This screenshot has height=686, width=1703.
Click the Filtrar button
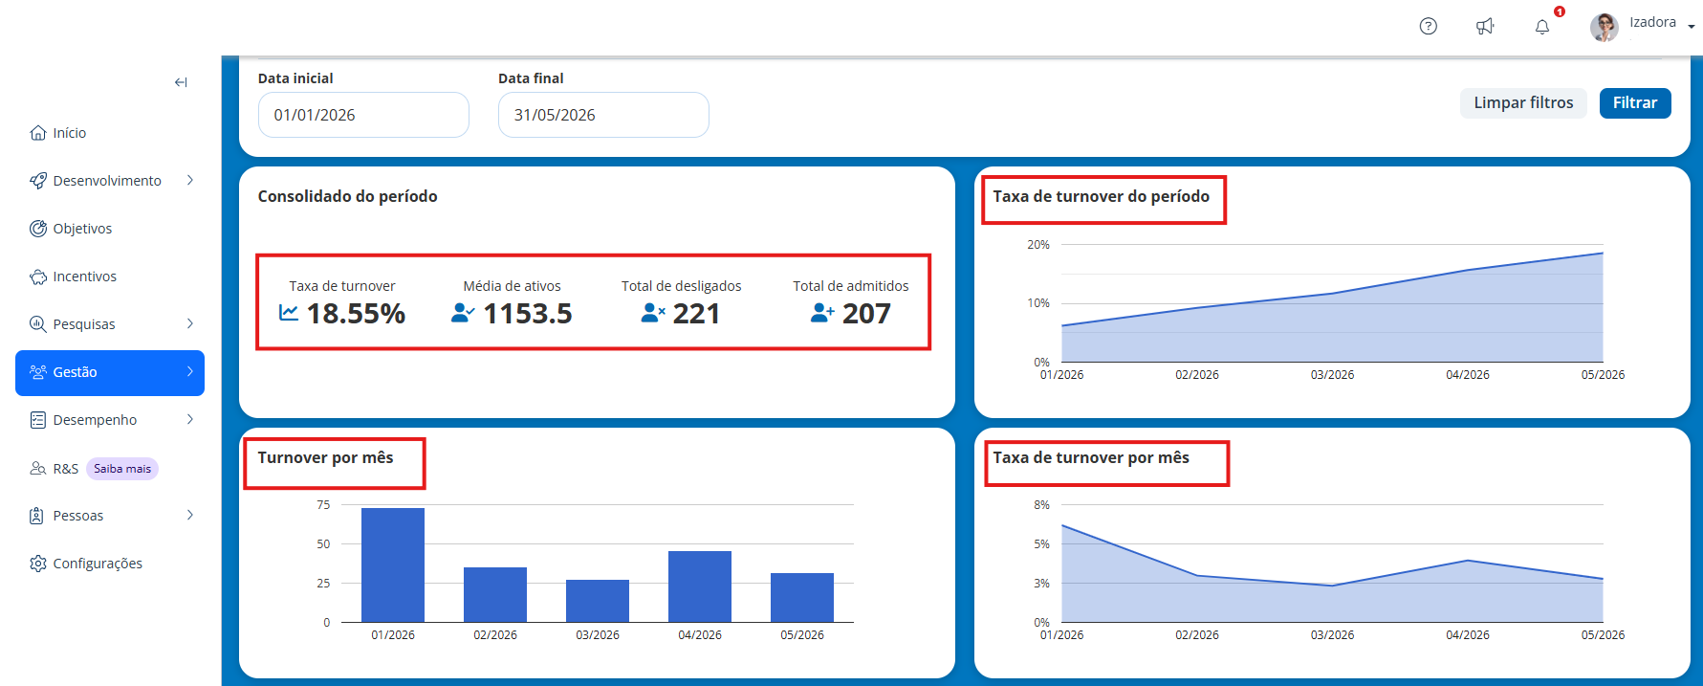[1635, 103]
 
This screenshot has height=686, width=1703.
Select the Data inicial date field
[363, 115]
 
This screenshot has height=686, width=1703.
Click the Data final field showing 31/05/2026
[603, 115]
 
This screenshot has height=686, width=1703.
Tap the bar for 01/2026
[393, 564]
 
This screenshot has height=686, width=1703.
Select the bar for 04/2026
[700, 586]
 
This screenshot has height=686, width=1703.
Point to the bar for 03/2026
[598, 601]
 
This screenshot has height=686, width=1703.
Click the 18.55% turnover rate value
[356, 314]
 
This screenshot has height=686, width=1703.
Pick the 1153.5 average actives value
[528, 314]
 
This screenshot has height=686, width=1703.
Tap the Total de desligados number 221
[696, 314]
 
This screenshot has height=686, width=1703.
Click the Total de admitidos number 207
[866, 314]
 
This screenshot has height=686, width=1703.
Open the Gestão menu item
[110, 372]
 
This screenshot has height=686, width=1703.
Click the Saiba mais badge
[122, 469]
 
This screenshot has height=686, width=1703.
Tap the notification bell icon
[1542, 27]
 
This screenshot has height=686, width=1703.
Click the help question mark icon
[1429, 27]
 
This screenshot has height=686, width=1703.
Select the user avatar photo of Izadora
[1605, 27]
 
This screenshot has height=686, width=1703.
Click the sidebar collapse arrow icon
[181, 82]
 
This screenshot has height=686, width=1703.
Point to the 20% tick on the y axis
[1038, 245]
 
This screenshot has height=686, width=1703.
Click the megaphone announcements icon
[1485, 27]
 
